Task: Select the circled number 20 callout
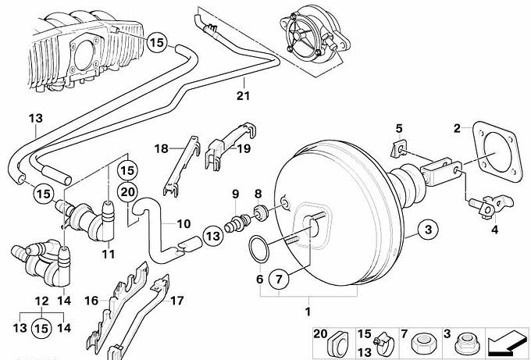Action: (x=129, y=190)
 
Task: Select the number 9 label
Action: (x=233, y=193)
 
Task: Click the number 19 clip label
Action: (x=244, y=148)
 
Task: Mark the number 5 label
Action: (x=398, y=128)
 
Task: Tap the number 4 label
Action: (x=493, y=230)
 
